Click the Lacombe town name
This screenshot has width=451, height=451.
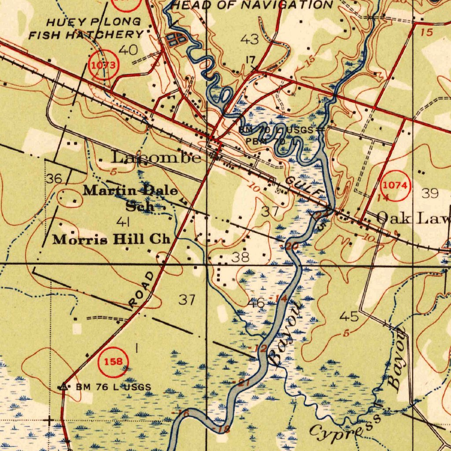[157, 157]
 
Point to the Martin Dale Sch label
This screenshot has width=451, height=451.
[131, 198]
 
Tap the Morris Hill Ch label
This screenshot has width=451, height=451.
[111, 240]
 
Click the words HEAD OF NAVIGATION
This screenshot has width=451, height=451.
[252, 5]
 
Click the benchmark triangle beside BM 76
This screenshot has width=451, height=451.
[64, 386]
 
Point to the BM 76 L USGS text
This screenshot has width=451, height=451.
[113, 387]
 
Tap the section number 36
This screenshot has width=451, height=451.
[54, 179]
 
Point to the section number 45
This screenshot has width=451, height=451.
[349, 316]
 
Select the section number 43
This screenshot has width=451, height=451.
[250, 40]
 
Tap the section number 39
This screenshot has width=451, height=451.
[430, 192]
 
